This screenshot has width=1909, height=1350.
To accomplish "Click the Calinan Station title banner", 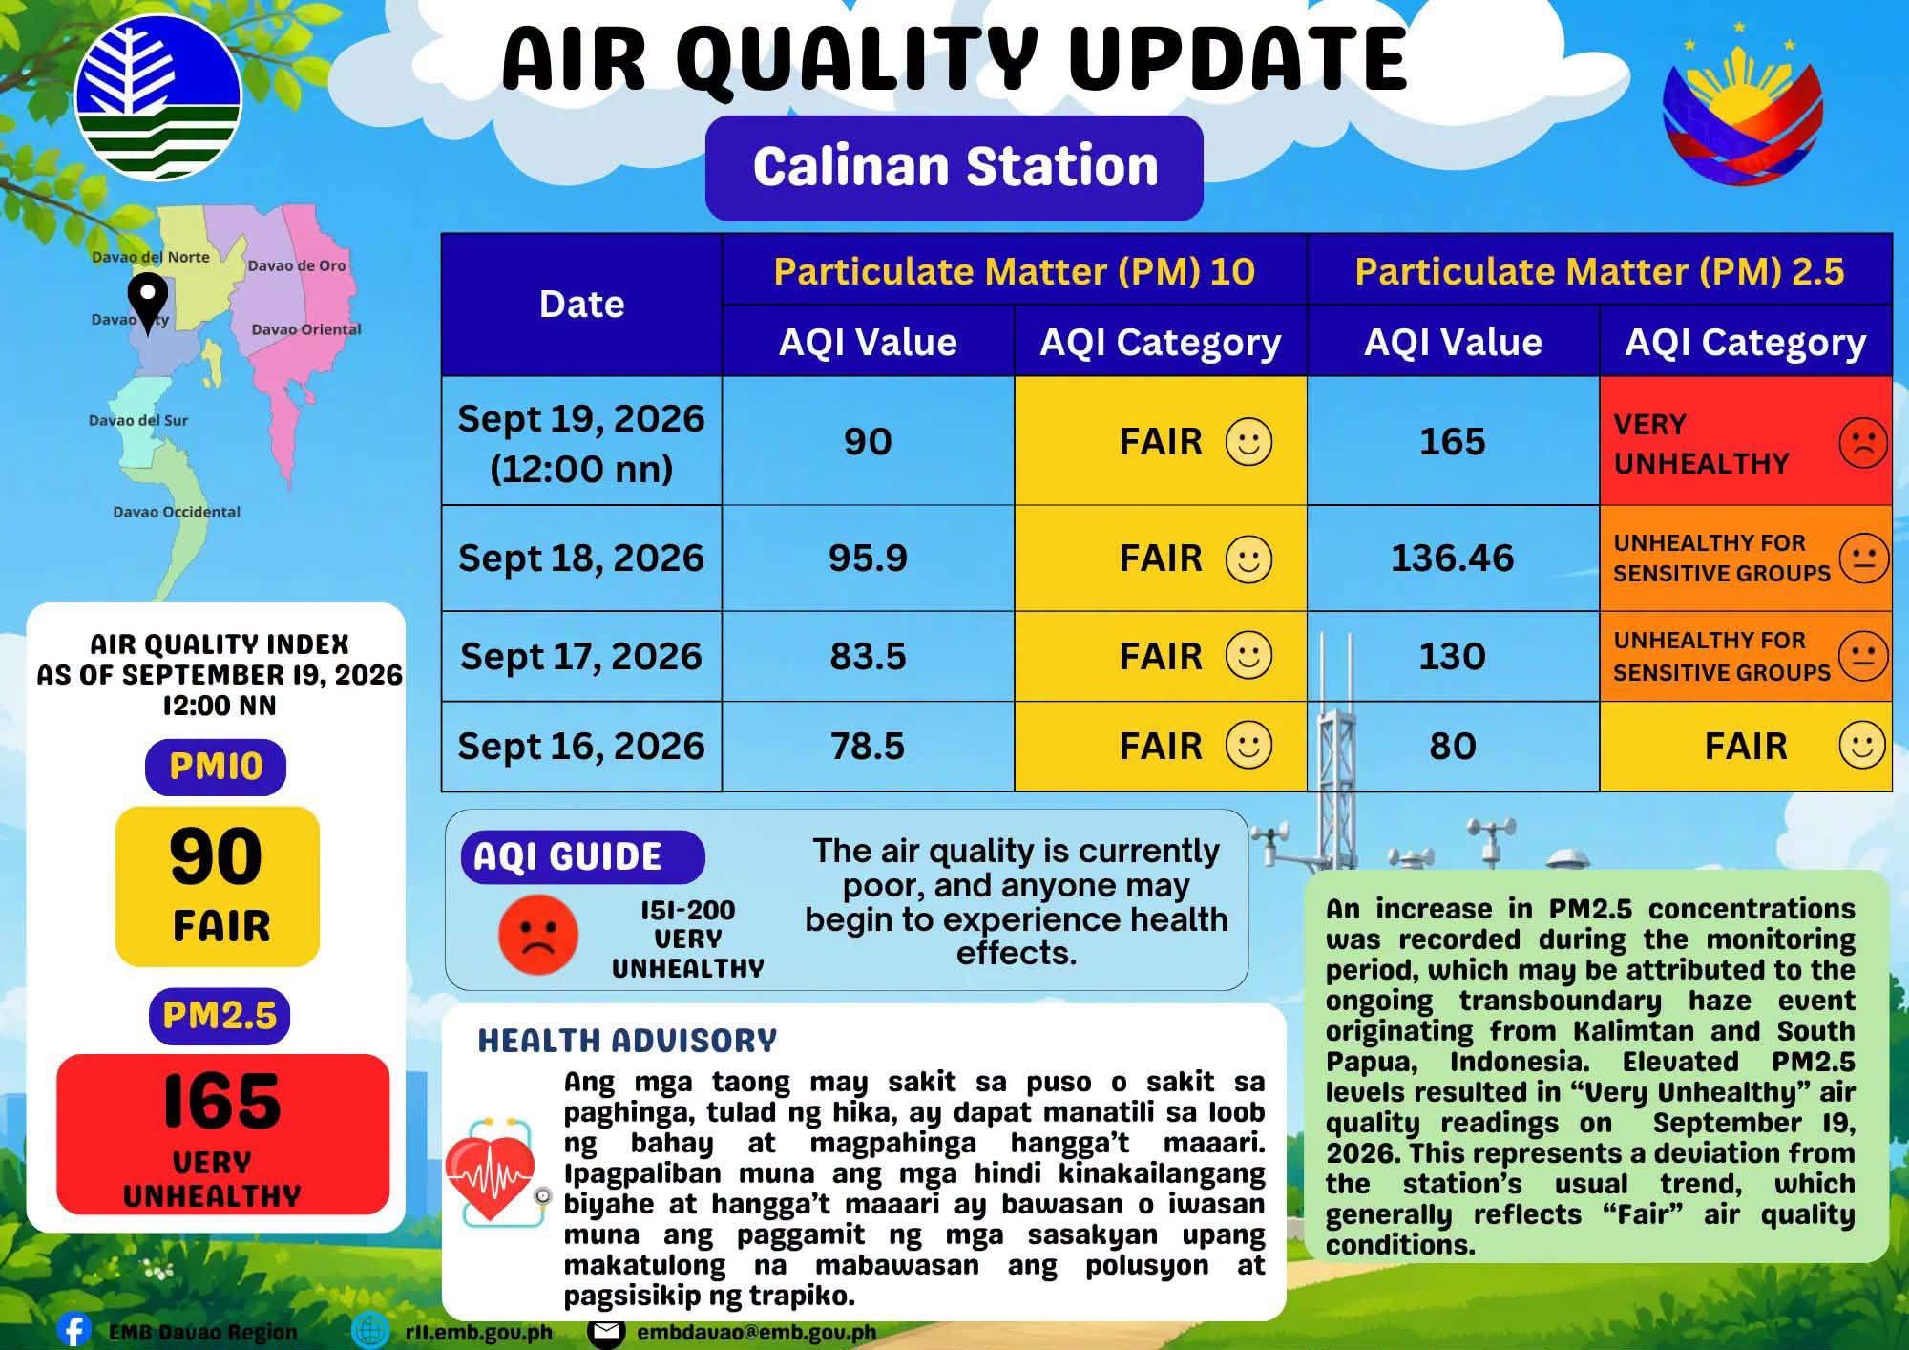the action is (954, 168).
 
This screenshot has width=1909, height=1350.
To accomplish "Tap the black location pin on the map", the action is (148, 302).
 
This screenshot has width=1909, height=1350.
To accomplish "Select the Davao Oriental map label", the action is (306, 329).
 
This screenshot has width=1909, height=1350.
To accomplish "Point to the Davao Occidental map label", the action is (177, 512).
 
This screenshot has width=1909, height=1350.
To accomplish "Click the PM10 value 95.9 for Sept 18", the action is (868, 558).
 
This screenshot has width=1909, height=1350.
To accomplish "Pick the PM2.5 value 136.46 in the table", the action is (1452, 558).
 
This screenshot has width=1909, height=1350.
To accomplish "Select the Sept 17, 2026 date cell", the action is (581, 657).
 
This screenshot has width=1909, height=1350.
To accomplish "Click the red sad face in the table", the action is (1862, 442).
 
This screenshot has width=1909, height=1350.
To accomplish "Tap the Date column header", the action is (581, 305).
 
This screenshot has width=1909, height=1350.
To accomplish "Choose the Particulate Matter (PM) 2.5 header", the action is (1599, 271).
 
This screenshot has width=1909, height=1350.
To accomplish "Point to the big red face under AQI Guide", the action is (538, 935).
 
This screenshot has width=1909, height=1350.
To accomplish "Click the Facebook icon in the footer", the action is (73, 1330).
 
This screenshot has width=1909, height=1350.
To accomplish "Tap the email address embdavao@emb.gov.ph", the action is (756, 1332).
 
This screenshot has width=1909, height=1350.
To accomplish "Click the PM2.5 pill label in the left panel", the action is (220, 1016).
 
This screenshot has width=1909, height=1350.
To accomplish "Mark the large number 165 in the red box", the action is (221, 1101).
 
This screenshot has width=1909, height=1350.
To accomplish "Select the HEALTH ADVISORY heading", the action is (627, 1040).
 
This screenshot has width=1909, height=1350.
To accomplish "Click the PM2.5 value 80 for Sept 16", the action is (1452, 746).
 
